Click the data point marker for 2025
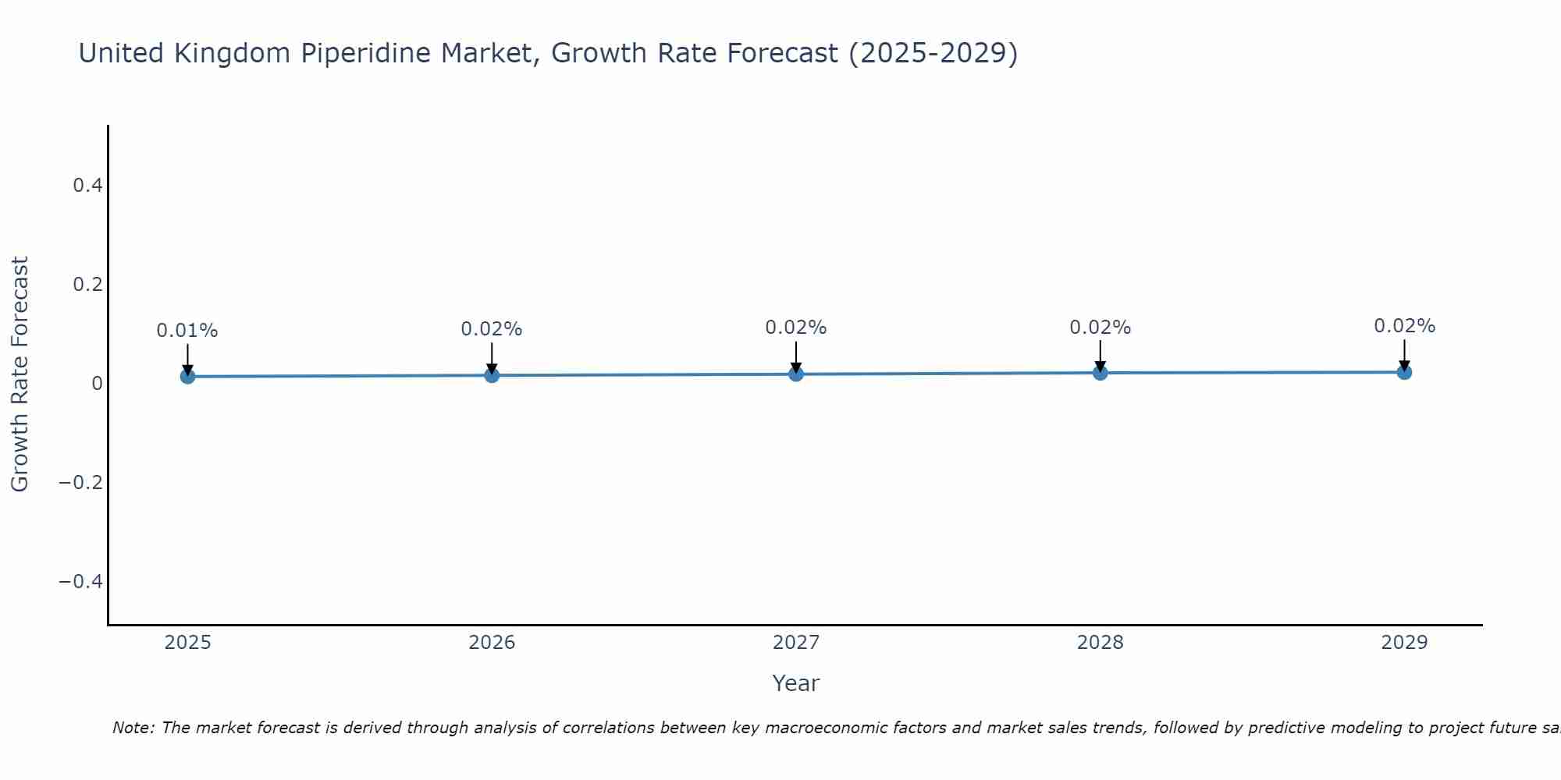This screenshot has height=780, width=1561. pos(187,377)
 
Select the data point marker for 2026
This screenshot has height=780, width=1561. pos(492,375)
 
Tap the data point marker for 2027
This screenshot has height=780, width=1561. pos(796,374)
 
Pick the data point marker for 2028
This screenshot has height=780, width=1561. pos(1101,373)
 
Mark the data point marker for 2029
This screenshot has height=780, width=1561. pos(1404,372)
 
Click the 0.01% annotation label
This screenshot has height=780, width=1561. pos(187,331)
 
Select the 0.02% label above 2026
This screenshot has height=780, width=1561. pos(492,329)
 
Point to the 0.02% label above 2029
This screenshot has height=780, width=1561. pos(1404,326)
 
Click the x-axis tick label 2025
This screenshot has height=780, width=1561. pos(188,643)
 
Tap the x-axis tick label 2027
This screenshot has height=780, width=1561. pos(796,643)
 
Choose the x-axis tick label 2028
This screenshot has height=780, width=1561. pos(1101,643)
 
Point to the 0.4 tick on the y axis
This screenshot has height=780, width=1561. pos(87,186)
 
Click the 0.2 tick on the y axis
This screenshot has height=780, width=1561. pos(87,285)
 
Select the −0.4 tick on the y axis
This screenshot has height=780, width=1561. pos(81,582)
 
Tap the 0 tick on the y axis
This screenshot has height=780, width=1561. pos(97,384)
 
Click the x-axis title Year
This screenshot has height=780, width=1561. pos(795,683)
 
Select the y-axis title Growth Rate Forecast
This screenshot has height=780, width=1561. pos(20,374)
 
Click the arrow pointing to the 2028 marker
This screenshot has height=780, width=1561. pos(1101,356)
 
